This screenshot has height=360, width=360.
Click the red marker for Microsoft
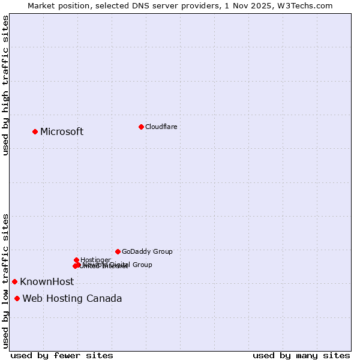click(x=35, y=131)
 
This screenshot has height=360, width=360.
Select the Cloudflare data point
click(x=141, y=127)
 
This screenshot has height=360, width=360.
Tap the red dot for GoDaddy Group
click(x=118, y=251)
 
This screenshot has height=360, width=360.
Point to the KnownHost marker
click(x=14, y=281)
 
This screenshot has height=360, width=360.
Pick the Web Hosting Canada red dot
click(x=17, y=298)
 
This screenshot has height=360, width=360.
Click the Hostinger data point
click(x=76, y=260)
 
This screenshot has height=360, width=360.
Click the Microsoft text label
click(x=62, y=132)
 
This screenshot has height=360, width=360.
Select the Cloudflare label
click(x=161, y=127)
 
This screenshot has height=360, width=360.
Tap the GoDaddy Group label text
click(x=147, y=251)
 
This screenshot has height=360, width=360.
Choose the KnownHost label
click(x=47, y=282)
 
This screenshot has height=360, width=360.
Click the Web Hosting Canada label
click(x=72, y=299)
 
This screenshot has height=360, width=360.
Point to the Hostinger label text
click(x=96, y=260)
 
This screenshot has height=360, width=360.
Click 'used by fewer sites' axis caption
click(x=62, y=355)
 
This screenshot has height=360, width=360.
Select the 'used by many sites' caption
click(x=301, y=355)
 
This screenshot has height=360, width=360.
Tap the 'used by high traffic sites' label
click(x=5, y=85)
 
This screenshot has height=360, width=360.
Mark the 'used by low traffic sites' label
click(x=5, y=281)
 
